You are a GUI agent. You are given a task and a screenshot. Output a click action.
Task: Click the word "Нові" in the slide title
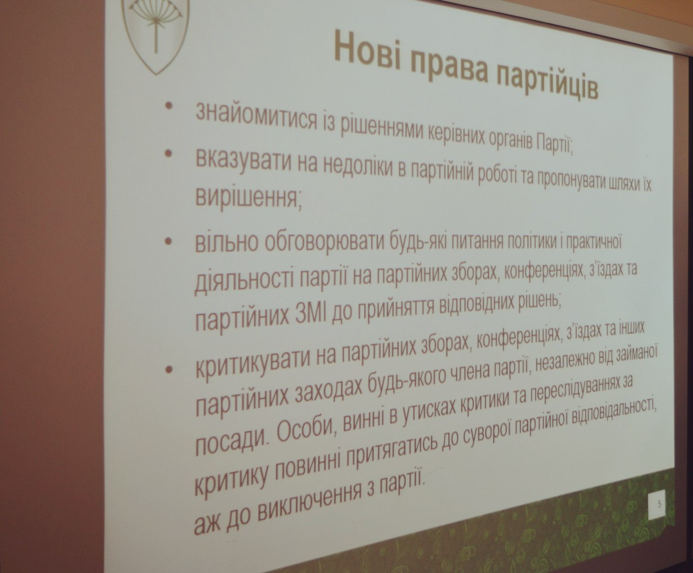(368, 49)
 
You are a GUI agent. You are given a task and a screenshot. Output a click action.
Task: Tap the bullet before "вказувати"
(169, 153)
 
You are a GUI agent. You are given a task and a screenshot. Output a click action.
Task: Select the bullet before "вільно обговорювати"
(169, 241)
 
